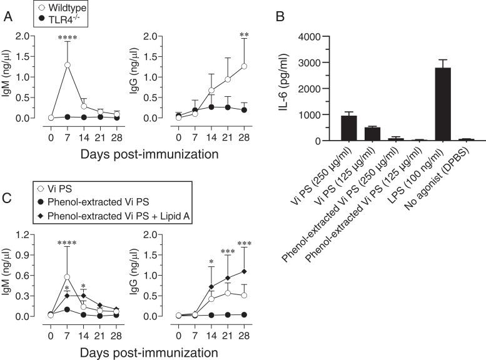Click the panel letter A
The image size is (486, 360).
[x=8, y=18]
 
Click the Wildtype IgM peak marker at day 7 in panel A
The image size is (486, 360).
[x=66, y=65]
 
